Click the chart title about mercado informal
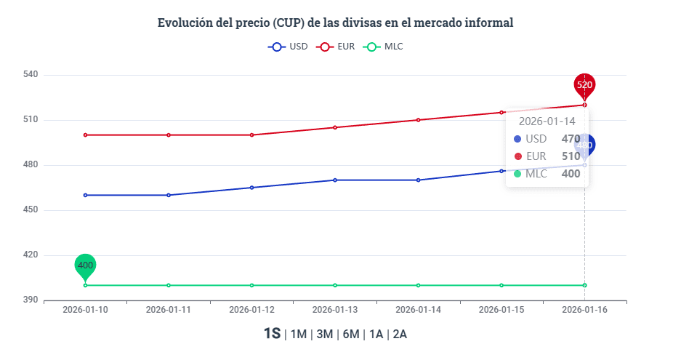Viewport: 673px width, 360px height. (x=336, y=23)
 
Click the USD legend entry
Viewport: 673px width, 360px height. (x=289, y=47)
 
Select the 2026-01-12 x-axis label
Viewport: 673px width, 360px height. (x=251, y=309)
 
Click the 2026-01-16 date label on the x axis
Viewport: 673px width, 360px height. (x=584, y=309)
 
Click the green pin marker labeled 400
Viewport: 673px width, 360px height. (x=85, y=265)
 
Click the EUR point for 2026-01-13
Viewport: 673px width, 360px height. (x=335, y=127)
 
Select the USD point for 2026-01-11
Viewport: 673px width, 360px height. (x=169, y=195)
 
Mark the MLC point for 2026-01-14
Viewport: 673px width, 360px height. (x=419, y=285)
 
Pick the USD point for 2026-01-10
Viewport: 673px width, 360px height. (x=85, y=195)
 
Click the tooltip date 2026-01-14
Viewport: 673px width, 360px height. (x=547, y=121)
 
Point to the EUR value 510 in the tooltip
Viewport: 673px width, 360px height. (x=571, y=156)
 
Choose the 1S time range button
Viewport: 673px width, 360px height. (x=272, y=334)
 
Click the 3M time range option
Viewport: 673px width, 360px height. (x=325, y=335)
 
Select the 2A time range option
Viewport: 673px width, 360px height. (x=399, y=335)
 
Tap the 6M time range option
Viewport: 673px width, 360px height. (x=351, y=335)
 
